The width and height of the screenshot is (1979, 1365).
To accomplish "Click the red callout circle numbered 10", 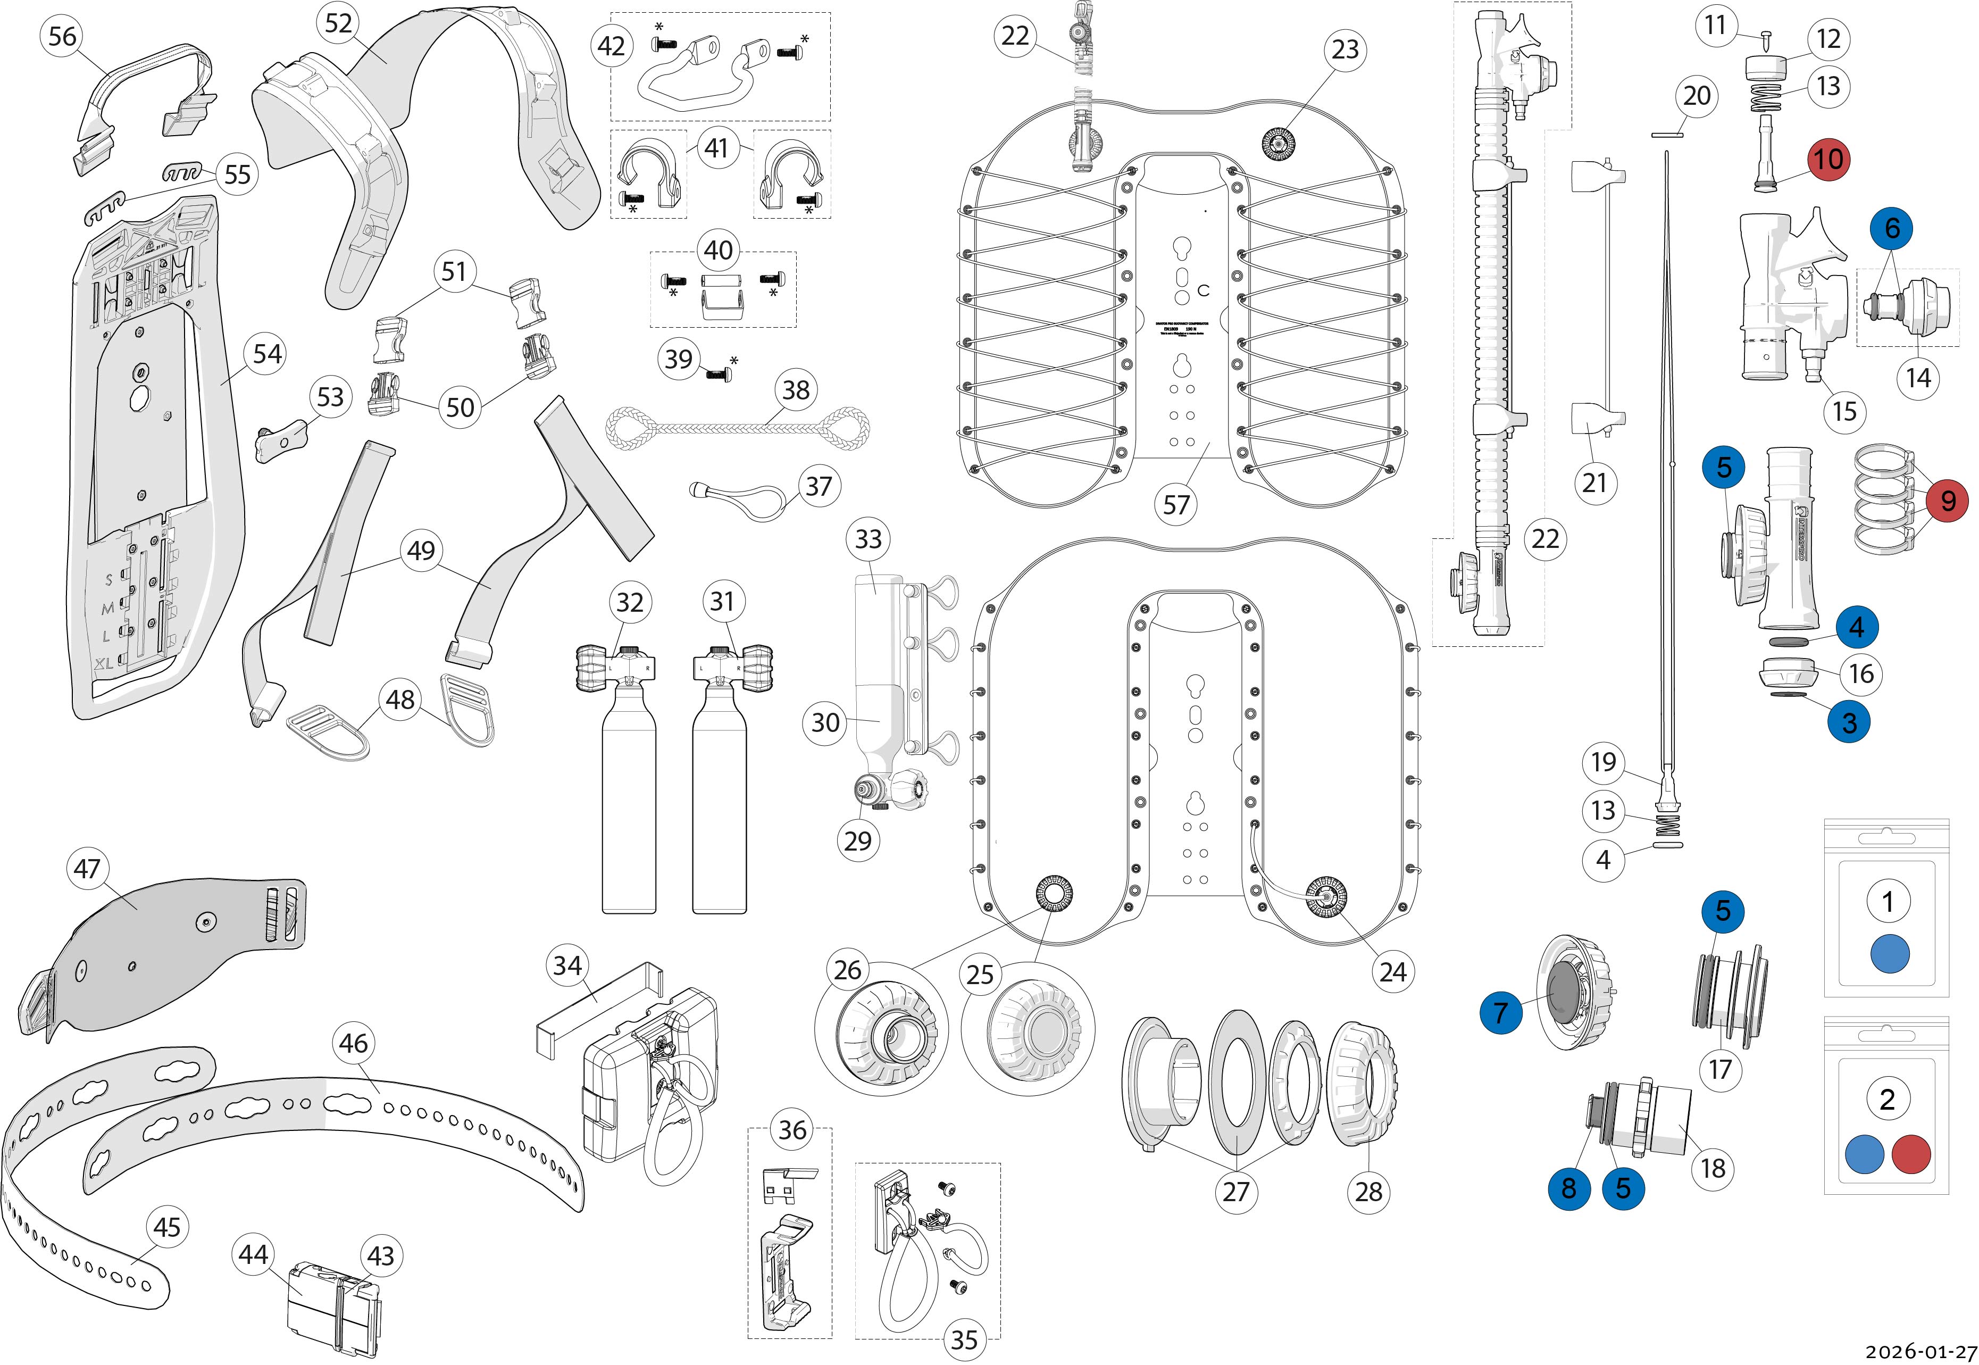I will (x=1828, y=159).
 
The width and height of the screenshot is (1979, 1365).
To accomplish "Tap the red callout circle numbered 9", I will (x=1948, y=501).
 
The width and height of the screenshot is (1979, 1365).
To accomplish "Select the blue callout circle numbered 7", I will (x=1500, y=1013).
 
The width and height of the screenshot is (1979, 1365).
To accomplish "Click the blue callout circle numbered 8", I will (x=1568, y=1187).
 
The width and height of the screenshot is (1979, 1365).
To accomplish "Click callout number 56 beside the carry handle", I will (x=62, y=37).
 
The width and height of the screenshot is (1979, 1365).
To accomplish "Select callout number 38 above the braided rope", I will (x=796, y=390).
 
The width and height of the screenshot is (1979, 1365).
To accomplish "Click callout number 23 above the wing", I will (x=1345, y=49).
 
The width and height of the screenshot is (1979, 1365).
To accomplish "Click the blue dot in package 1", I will (x=1889, y=954).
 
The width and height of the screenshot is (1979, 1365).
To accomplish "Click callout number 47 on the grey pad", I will (x=87, y=869).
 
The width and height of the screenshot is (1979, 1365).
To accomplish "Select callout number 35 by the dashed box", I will (x=964, y=1339).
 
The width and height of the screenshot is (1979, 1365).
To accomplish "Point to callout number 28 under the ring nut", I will (x=1368, y=1192).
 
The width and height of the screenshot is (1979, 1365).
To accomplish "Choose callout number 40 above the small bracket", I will (x=718, y=251).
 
